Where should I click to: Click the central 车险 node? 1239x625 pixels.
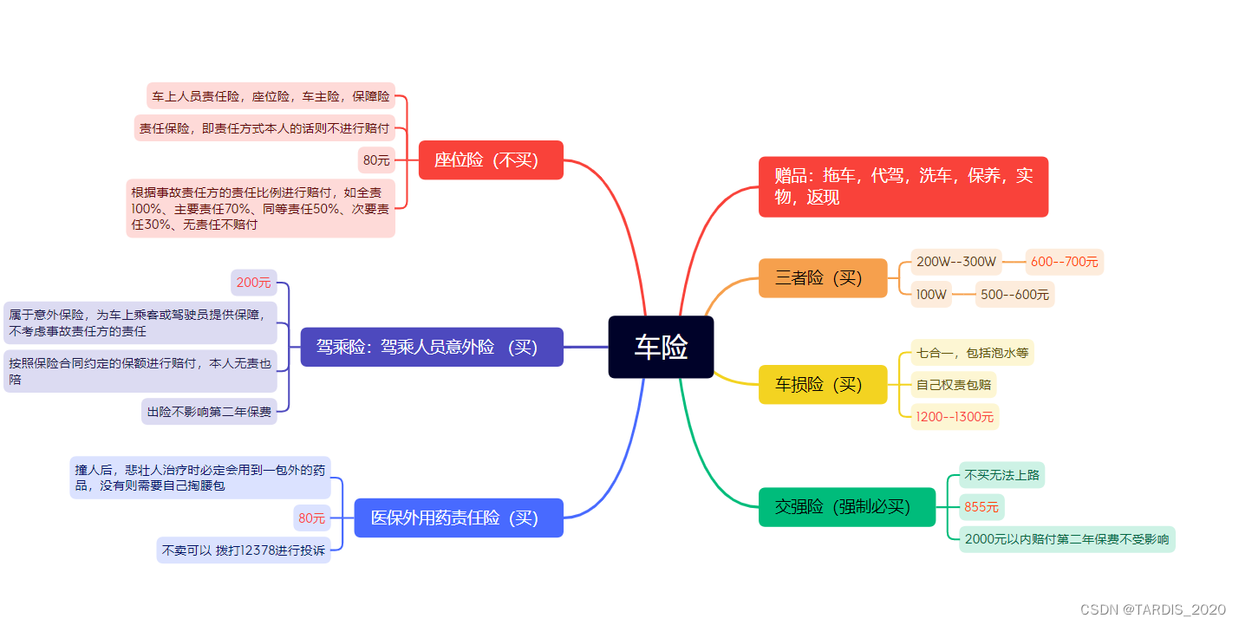[661, 347]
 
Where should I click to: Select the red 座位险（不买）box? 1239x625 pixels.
[491, 160]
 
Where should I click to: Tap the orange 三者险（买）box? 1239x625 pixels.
[823, 277]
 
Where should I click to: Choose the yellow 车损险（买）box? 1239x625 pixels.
[823, 384]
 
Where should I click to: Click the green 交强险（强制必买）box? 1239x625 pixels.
[847, 507]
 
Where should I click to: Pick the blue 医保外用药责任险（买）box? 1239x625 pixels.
[459, 518]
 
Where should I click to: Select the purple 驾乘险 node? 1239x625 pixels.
[432, 347]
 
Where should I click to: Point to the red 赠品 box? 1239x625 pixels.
[903, 186]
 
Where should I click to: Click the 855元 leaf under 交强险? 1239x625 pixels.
[981, 507]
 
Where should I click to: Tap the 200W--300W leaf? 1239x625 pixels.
[956, 262]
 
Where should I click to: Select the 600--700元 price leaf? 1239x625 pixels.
[1064, 262]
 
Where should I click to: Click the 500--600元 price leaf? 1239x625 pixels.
[1014, 294]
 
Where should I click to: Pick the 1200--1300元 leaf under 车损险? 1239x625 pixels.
[955, 417]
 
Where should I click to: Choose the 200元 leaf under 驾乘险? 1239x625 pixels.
[254, 282]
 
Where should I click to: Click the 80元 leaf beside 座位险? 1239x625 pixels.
[376, 160]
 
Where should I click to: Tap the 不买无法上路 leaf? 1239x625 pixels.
[1001, 475]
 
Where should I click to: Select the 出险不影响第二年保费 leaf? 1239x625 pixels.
[209, 412]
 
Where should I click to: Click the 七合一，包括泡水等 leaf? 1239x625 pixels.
[972, 353]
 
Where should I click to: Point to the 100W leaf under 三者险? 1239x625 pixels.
[931, 294]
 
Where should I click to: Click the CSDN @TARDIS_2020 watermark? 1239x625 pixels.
[1153, 609]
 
